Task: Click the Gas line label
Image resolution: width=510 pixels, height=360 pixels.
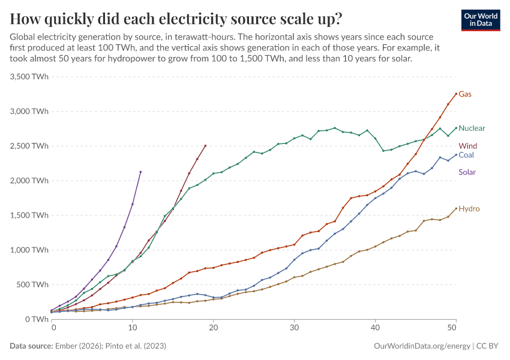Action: [x=465, y=94]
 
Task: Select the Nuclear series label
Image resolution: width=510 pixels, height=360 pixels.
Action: [x=472, y=128]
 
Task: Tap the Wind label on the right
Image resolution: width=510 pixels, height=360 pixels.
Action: [x=468, y=146]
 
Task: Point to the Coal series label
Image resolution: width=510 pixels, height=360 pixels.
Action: [x=467, y=155]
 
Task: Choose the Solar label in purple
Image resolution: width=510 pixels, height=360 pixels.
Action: [x=467, y=172]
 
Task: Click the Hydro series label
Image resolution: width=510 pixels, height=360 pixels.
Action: [x=469, y=209]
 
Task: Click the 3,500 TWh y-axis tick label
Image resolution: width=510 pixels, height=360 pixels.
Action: [x=29, y=77]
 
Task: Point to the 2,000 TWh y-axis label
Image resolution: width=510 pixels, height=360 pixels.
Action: [x=29, y=181]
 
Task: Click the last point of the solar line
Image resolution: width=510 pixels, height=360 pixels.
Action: [x=140, y=172]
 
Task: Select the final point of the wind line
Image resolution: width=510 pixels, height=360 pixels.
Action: [x=206, y=145]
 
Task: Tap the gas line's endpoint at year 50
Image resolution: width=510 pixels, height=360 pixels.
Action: [x=456, y=94]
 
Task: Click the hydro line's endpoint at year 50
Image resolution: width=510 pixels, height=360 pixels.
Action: [x=456, y=209]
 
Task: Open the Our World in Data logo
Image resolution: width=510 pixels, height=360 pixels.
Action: [x=481, y=19]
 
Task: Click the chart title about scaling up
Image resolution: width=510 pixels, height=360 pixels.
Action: [x=176, y=19]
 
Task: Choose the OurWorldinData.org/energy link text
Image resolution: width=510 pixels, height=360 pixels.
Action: [x=422, y=346]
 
